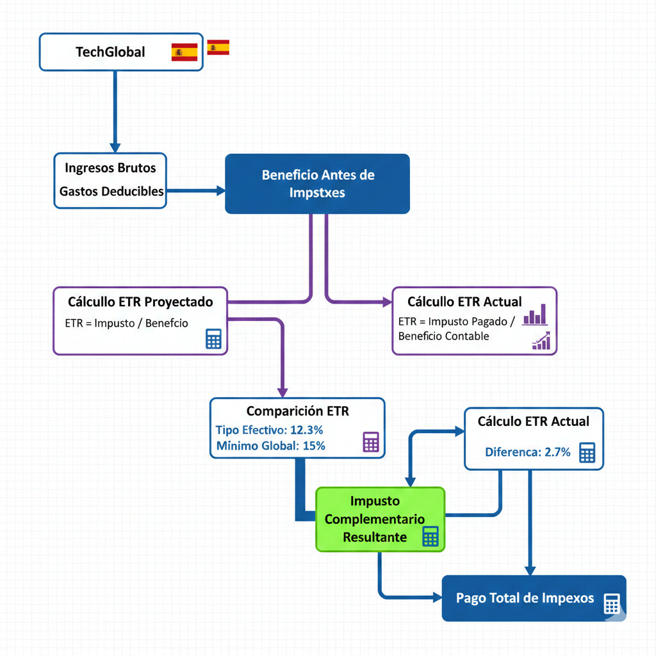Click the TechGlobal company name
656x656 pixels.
(x=110, y=52)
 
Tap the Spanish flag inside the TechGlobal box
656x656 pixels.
(x=184, y=52)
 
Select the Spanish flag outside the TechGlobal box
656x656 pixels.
(x=218, y=47)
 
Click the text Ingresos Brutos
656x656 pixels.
(x=110, y=168)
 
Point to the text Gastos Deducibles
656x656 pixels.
(x=111, y=191)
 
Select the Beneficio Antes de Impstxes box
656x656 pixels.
(x=317, y=183)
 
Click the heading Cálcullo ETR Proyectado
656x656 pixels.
(x=140, y=301)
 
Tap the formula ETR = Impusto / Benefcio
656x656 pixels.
(x=127, y=323)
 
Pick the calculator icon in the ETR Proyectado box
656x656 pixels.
(x=213, y=339)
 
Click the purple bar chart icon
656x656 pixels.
(x=536, y=315)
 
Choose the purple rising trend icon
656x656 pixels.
(x=541, y=341)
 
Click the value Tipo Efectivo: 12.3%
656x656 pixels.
(x=269, y=430)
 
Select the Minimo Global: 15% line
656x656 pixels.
(x=270, y=446)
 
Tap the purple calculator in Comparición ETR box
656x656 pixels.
(x=371, y=442)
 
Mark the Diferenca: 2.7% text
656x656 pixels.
(x=527, y=452)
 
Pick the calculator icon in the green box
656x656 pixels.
(x=430, y=536)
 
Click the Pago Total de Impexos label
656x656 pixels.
(x=525, y=598)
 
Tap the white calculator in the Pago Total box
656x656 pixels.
(x=612, y=603)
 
